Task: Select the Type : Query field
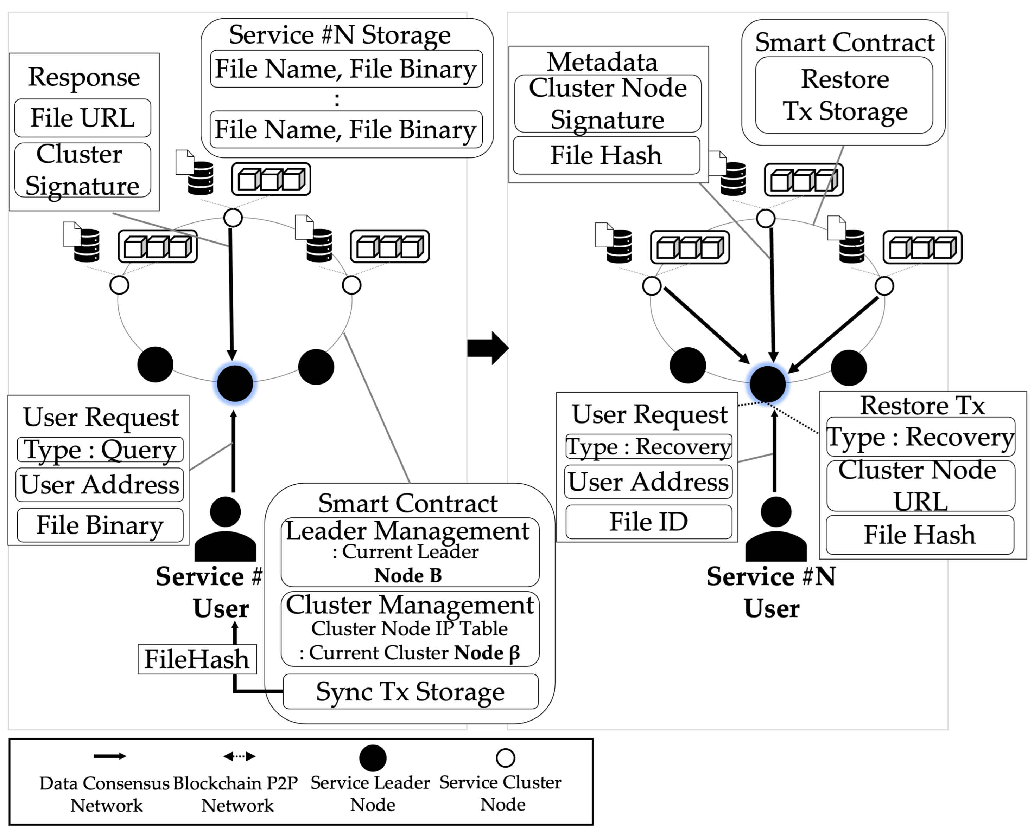(x=100, y=450)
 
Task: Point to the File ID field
(x=648, y=522)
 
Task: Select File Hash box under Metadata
(x=606, y=155)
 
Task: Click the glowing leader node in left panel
(x=235, y=383)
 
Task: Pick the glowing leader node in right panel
(x=767, y=383)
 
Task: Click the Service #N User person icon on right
(x=776, y=530)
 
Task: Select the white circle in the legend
(x=505, y=758)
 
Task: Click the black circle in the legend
(x=373, y=758)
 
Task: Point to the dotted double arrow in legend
(x=239, y=757)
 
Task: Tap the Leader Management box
(x=410, y=552)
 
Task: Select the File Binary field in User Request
(x=100, y=525)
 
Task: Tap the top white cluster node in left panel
(x=233, y=217)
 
